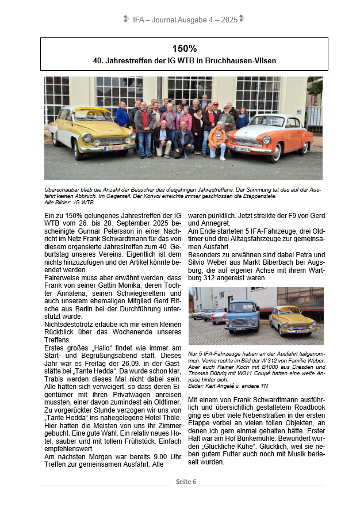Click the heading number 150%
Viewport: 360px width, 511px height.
[184, 48]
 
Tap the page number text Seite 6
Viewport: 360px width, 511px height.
[186, 481]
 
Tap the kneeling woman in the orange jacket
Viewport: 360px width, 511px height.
[217, 140]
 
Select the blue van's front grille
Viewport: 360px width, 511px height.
[240, 322]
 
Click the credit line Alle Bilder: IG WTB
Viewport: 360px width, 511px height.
[69, 202]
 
